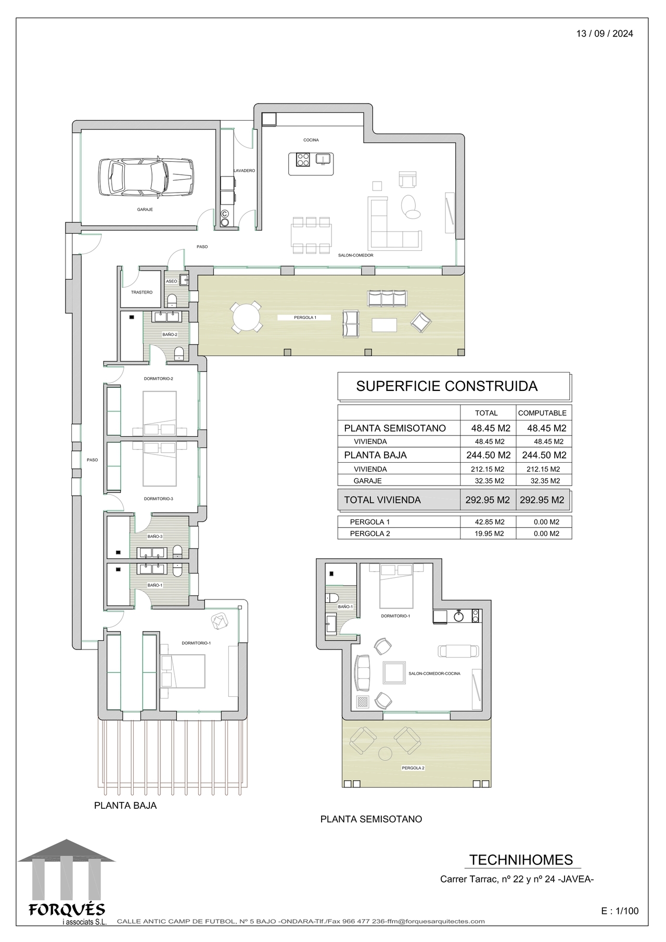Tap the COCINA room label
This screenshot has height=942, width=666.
(x=311, y=140)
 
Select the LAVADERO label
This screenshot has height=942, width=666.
(x=244, y=171)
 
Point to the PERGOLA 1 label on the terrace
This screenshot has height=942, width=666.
(x=305, y=317)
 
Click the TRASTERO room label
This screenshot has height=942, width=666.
(x=142, y=292)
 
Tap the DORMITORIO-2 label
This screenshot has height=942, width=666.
(x=159, y=379)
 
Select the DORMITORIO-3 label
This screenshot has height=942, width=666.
(x=159, y=499)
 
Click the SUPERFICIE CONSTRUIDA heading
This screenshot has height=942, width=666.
(x=447, y=386)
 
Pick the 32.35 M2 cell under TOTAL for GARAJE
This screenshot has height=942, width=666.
(x=486, y=481)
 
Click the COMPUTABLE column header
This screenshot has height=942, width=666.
(x=542, y=413)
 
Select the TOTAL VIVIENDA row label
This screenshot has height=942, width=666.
(x=382, y=500)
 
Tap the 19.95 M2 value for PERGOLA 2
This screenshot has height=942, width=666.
(x=486, y=533)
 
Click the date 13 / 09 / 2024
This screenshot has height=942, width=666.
(x=605, y=34)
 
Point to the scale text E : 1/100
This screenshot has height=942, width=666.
(x=620, y=911)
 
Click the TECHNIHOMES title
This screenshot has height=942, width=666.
(x=521, y=860)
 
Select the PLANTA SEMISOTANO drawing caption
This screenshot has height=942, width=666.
(x=371, y=819)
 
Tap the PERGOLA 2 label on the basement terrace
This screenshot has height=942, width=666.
(x=413, y=768)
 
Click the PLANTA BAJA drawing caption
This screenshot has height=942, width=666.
(x=125, y=806)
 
